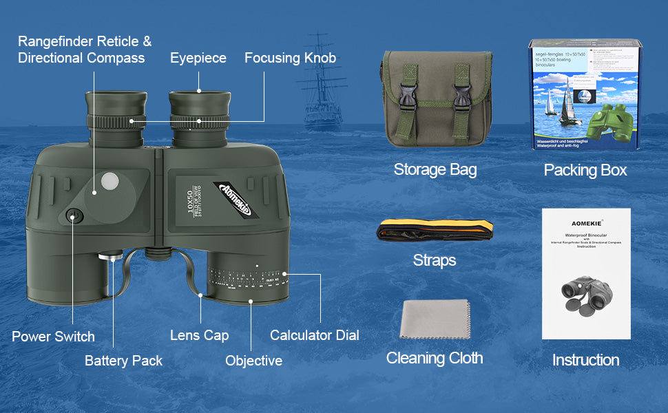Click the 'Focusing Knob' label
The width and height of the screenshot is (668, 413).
(290, 59)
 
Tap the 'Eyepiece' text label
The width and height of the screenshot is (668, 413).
(198, 59)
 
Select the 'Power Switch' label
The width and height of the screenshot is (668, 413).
(53, 337)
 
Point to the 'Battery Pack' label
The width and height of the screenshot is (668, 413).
(123, 361)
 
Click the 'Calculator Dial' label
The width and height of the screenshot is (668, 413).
(314, 335)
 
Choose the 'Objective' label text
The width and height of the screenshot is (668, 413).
(253, 361)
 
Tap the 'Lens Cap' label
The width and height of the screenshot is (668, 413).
(199, 335)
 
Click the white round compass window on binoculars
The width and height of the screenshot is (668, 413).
(110, 180)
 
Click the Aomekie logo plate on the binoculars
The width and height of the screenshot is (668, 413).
(236, 200)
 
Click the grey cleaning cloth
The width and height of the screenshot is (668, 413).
(435, 319)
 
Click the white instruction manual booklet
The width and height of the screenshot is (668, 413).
(586, 274)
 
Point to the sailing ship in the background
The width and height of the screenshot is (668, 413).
(323, 83)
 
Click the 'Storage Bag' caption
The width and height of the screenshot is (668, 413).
(435, 169)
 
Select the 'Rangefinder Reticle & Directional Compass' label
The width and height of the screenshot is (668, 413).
(84, 50)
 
